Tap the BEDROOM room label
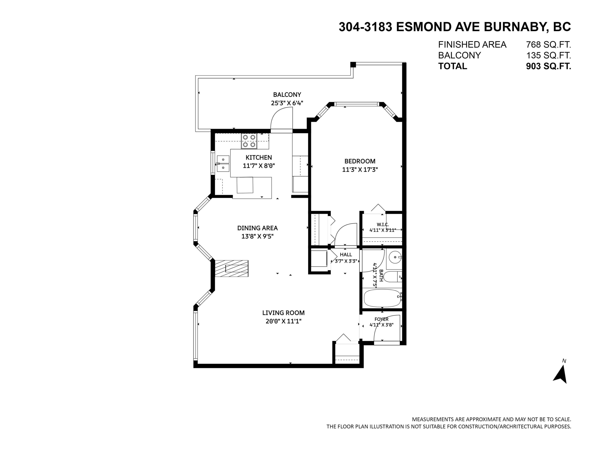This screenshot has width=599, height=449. (360, 161)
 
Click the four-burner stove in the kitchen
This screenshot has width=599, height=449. (249, 141)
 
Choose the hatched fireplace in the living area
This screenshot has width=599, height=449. (232, 268)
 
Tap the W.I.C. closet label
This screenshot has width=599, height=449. (383, 225)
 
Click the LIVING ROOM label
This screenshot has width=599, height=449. (283, 313)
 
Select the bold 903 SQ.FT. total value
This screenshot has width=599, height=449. (548, 66)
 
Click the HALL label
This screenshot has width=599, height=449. (346, 255)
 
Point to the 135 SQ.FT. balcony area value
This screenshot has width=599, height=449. (548, 55)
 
